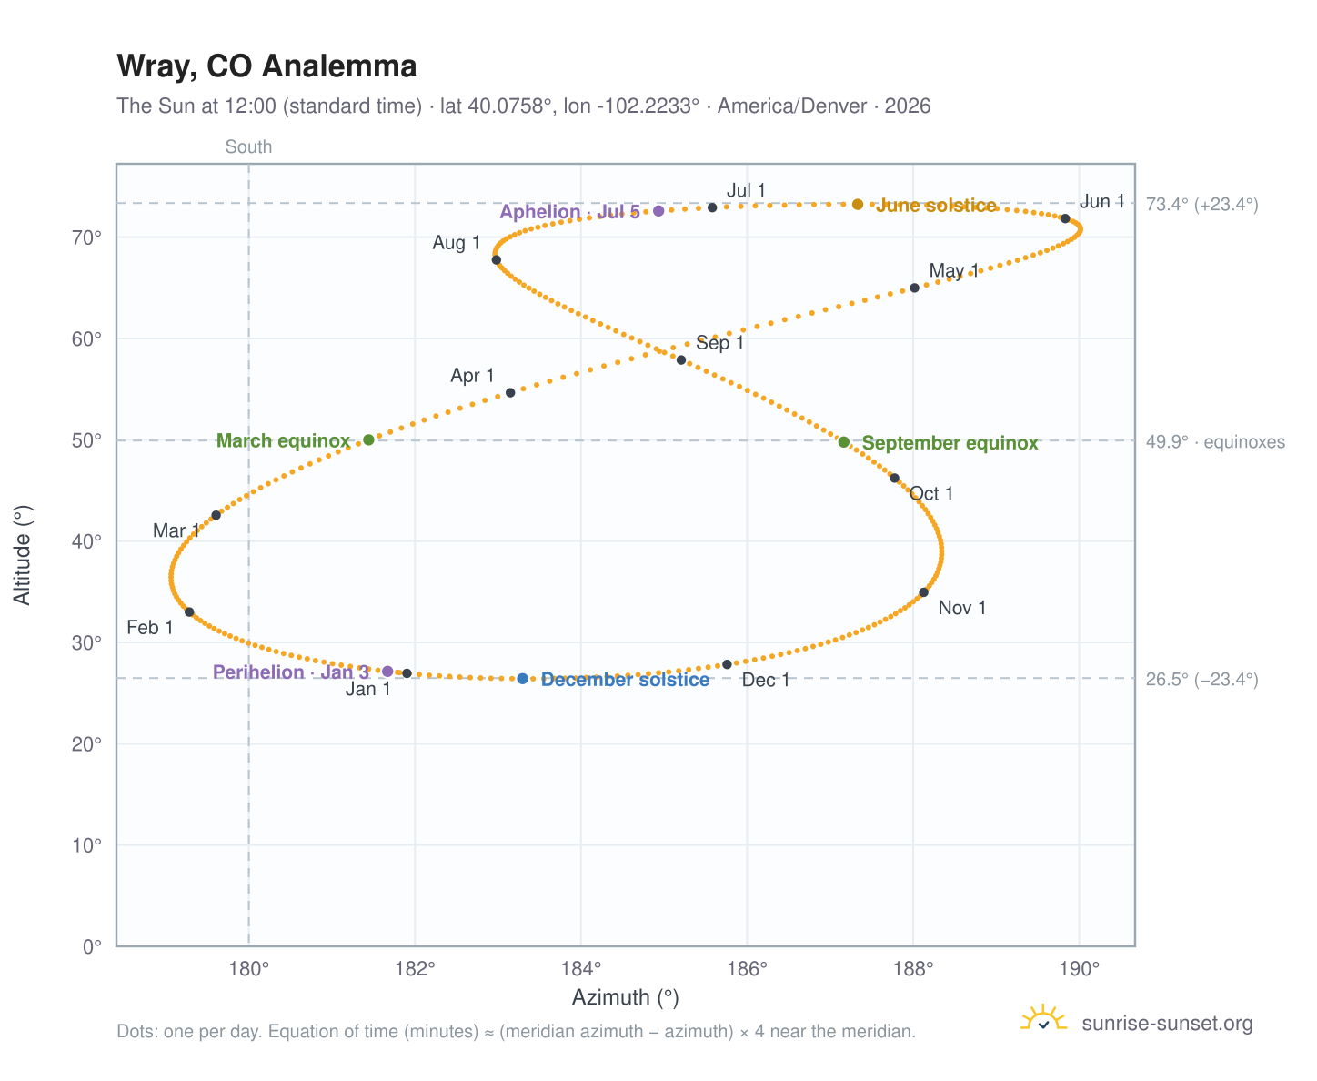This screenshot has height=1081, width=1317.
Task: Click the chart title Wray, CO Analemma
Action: coord(266,66)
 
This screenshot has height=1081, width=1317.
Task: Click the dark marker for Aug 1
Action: coord(497,260)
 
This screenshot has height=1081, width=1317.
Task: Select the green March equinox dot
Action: coord(369,439)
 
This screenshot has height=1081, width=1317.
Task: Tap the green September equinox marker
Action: coord(844,442)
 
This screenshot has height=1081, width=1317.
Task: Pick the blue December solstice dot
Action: coord(523,679)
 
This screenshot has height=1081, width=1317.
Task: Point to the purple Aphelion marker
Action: coord(658,211)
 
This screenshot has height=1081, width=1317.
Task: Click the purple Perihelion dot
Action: coord(387,672)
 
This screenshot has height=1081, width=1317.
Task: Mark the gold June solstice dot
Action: coord(858,205)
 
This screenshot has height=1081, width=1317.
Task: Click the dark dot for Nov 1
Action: coord(924,592)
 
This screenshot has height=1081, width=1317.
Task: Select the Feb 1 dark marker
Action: coord(189,612)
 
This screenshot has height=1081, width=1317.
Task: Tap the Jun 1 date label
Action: coord(1102,201)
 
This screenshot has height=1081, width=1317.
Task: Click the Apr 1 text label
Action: coord(472,376)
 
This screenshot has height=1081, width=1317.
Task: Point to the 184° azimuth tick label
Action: coord(581,969)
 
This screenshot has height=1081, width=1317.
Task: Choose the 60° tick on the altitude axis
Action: coord(86,339)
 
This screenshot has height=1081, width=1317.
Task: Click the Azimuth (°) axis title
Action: coord(626,998)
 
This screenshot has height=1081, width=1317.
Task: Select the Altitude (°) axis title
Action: coord(22,555)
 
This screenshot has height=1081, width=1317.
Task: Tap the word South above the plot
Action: coord(248,146)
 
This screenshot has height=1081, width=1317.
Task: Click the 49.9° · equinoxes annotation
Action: coord(1215,442)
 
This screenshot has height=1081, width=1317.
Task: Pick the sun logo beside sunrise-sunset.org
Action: coord(1044,1019)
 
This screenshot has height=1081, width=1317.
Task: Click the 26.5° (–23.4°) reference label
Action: coord(1202,679)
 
